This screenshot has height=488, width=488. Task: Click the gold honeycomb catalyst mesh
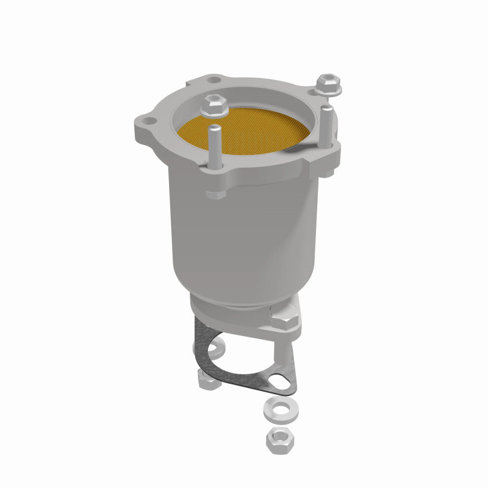[244, 137]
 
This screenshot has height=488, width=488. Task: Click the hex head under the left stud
[216, 195]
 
